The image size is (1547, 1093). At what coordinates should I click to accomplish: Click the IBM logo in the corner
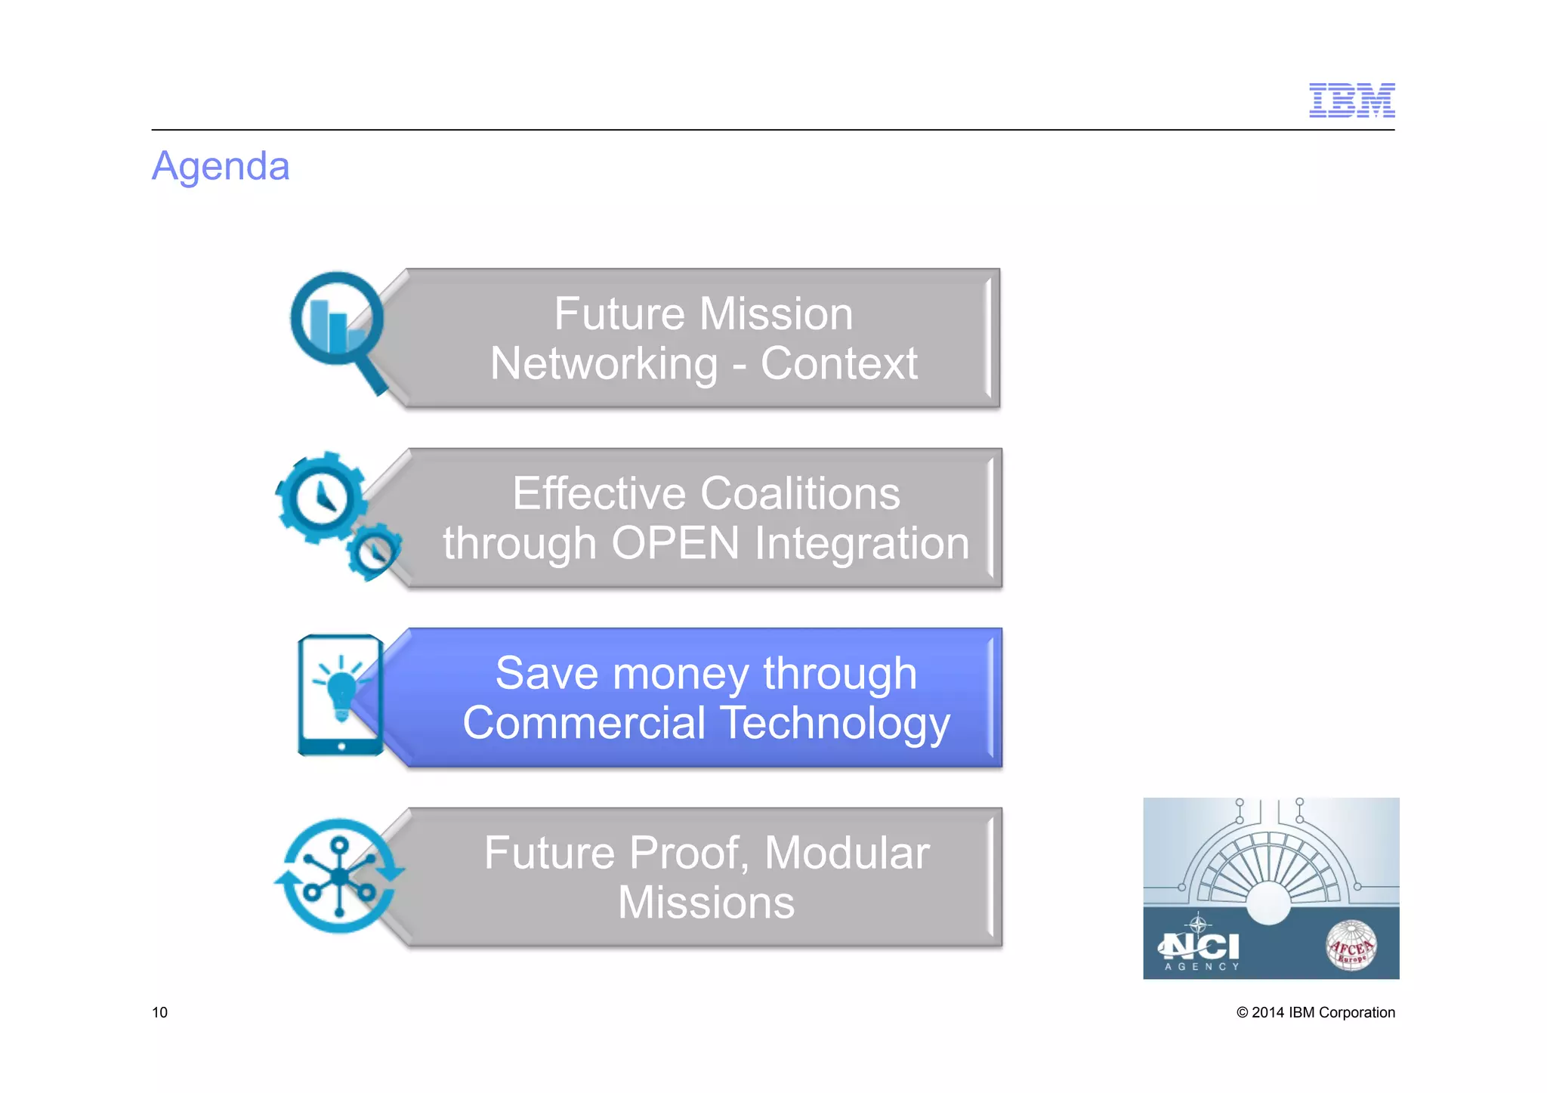tap(1351, 100)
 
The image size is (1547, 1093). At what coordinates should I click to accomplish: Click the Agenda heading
tap(221, 166)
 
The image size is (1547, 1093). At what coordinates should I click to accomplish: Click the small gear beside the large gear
tap(374, 552)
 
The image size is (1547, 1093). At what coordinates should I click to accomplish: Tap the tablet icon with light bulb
tap(341, 695)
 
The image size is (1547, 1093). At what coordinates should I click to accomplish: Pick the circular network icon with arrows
tap(339, 876)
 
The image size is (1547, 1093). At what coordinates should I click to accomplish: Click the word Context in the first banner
tap(838, 363)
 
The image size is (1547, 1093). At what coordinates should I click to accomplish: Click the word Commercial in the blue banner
tap(584, 723)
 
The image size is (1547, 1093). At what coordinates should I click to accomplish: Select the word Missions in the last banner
tap(706, 903)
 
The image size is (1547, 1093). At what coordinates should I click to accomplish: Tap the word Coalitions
tap(800, 493)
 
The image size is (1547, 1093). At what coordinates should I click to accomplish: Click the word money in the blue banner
tap(681, 674)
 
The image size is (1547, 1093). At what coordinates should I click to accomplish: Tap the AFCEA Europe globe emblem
tap(1351, 946)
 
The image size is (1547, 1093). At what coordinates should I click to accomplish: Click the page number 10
tap(160, 1012)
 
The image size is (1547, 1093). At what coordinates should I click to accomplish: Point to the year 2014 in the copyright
tap(1268, 1012)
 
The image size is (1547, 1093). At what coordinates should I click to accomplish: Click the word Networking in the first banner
tap(604, 363)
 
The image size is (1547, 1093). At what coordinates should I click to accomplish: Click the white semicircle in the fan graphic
tap(1269, 903)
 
